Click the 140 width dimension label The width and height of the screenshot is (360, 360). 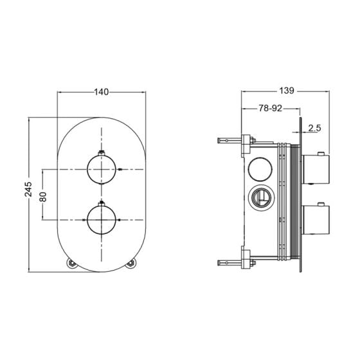[102, 92]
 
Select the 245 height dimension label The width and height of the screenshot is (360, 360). [28, 189]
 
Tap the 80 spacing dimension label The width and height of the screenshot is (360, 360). [43, 197]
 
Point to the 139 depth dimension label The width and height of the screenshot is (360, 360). [287, 91]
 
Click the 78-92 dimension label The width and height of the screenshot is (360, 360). [270, 108]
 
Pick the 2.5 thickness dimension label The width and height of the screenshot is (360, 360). [314, 128]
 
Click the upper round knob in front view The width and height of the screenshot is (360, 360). [102, 170]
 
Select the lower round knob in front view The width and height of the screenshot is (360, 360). [102, 220]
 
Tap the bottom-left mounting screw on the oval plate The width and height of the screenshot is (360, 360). [71, 263]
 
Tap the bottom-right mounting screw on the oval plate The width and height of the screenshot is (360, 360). [130, 263]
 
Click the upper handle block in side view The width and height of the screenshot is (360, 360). [316, 169]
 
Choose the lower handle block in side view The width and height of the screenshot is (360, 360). [316, 220]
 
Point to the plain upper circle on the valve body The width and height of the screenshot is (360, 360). [260, 169]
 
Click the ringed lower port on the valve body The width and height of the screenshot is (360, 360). [260, 197]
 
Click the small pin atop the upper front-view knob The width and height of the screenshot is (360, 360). [102, 153]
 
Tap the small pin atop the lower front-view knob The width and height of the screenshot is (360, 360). [102, 203]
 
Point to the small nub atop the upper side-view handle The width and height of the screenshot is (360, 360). [321, 153]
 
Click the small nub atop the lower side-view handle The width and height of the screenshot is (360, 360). [321, 204]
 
